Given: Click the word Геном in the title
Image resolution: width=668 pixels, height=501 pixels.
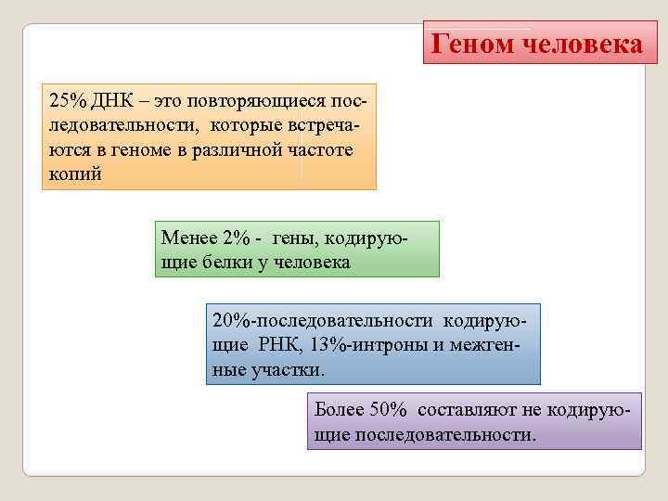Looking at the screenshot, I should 476,43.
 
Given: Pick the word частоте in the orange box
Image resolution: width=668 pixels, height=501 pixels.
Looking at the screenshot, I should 333,148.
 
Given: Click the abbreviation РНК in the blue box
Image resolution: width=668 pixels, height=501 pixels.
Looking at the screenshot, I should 276,344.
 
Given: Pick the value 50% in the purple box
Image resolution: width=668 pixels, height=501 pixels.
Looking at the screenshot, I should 389,409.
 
